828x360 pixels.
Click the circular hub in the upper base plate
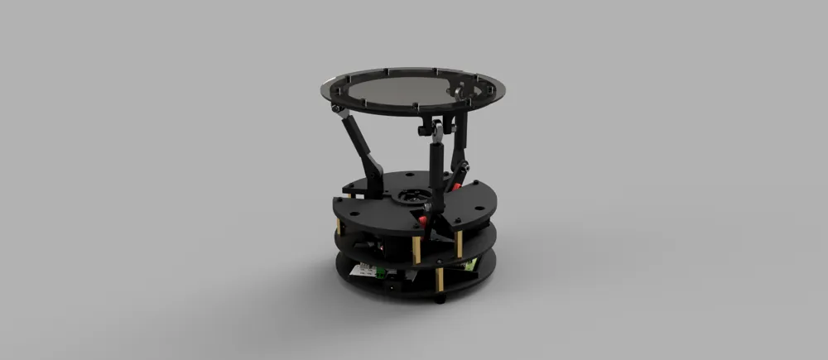[412, 197]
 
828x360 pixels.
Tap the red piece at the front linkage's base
[424, 220]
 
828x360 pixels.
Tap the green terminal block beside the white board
[380, 275]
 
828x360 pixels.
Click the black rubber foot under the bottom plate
[440, 298]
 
